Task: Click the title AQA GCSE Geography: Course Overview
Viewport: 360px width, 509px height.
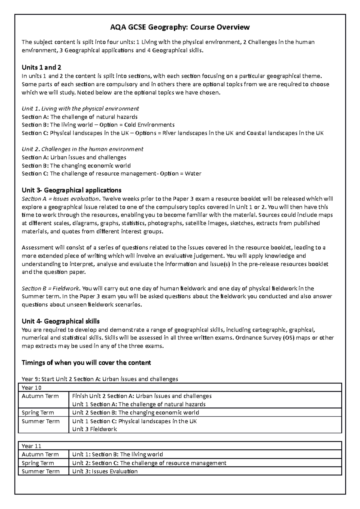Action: coord(180,27)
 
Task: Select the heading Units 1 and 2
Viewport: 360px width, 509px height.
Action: coord(41,67)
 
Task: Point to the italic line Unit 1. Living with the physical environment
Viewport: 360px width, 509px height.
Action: coord(80,109)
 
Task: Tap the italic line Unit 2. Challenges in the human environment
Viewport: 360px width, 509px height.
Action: coord(82,149)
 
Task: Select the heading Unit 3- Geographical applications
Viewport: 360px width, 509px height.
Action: coord(71,190)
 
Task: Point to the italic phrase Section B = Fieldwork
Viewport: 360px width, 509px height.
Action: coord(50,288)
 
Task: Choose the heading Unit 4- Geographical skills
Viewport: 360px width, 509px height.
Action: coord(61,321)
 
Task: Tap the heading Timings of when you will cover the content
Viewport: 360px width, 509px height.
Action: coord(86,363)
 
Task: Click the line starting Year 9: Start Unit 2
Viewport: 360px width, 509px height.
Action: coord(100,379)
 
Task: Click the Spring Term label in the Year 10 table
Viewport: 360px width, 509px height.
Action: coord(38,412)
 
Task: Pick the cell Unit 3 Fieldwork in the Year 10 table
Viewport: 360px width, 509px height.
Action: coord(94,429)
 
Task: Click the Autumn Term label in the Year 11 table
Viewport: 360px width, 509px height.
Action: coord(40,454)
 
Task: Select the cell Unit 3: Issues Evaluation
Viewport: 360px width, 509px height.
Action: coord(105,471)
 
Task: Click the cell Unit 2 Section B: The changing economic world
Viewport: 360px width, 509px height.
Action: coord(136,412)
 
